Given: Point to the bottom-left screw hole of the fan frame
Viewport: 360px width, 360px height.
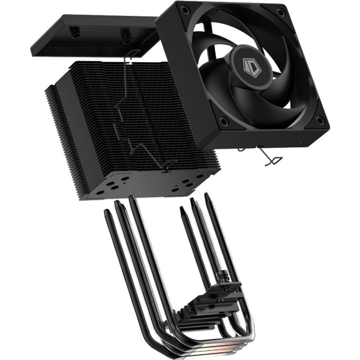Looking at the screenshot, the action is [x=222, y=121].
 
